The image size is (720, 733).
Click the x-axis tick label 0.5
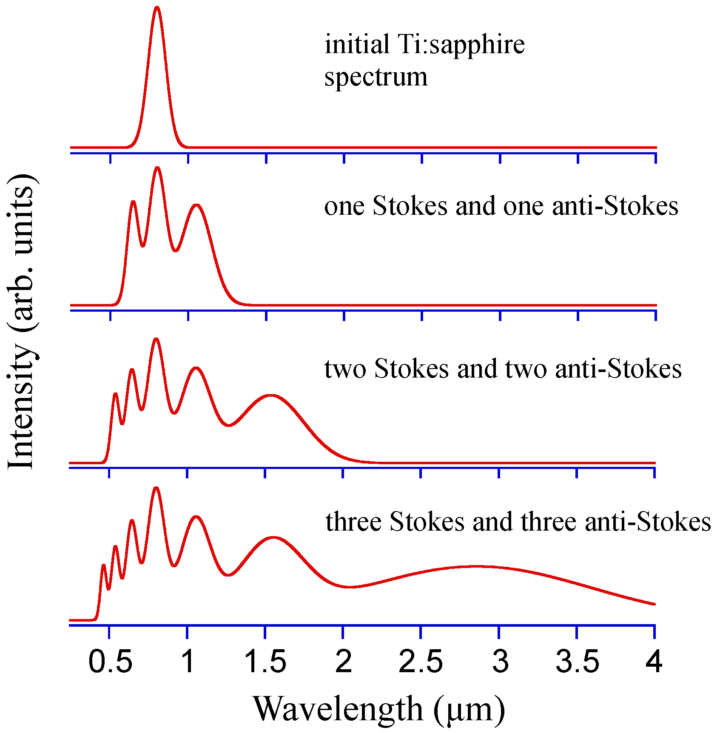click(x=110, y=662)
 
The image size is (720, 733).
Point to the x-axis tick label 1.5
click(x=265, y=662)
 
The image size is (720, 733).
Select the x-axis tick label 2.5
click(x=421, y=662)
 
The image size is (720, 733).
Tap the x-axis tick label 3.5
click(x=577, y=662)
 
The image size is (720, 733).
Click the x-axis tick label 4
click(x=654, y=662)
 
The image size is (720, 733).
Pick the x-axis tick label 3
click(x=500, y=662)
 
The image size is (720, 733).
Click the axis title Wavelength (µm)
click(x=379, y=709)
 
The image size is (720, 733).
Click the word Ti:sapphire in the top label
click(x=461, y=45)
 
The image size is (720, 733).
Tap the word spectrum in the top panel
click(x=376, y=78)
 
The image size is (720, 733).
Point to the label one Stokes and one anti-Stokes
click(x=501, y=207)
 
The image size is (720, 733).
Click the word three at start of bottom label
click(x=353, y=522)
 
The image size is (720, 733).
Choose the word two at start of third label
click(x=345, y=369)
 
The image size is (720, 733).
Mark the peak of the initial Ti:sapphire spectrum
click(x=157, y=7)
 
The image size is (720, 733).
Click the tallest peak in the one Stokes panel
click(x=157, y=168)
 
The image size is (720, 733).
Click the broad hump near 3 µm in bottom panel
click(x=476, y=566)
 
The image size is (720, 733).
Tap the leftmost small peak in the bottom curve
click(x=103, y=565)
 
